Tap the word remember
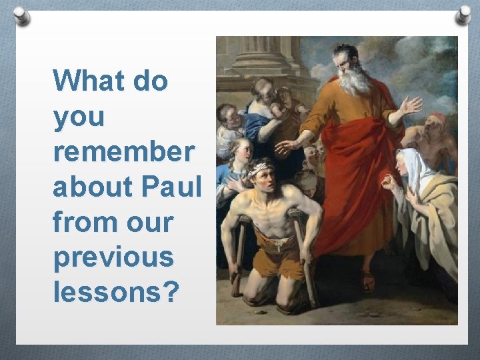coord(124,152)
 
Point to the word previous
coord(114,257)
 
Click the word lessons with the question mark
coord(115,292)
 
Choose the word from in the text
coord(78,222)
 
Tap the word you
coord(79,117)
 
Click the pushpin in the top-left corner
coord(22,15)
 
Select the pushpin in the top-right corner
coord(463,15)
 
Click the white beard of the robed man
coord(353,81)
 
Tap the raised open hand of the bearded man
coord(409,106)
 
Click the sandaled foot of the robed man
coord(367,281)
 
